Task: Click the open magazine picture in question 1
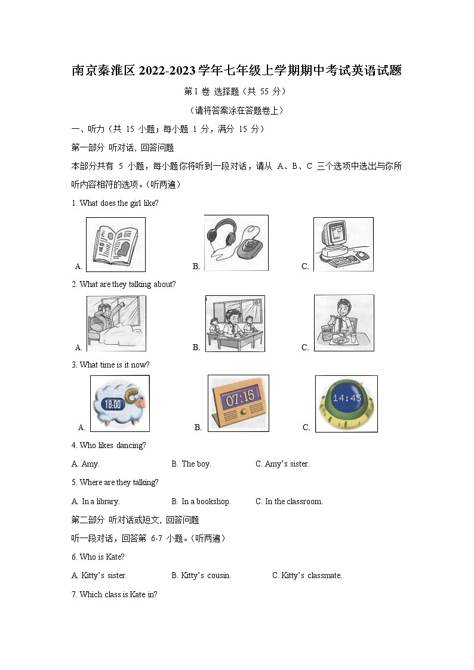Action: coord(116,245)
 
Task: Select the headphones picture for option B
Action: coord(236,243)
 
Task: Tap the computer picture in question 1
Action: coord(343,244)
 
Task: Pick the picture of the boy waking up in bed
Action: coord(116,323)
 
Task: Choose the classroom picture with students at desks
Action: coord(235,323)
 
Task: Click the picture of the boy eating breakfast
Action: coord(344,323)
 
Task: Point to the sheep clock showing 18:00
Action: coord(119,403)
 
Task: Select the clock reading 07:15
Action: coord(238,403)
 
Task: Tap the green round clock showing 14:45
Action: coord(346,403)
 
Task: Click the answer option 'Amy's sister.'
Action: coord(282,464)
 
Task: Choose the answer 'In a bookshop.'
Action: coord(201,501)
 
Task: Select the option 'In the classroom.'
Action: coord(289,501)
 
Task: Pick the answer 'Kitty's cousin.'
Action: coord(201,575)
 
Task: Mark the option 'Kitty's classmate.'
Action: coord(307,575)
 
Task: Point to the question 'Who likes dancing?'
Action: coord(109,445)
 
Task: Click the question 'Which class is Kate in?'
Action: coord(114,594)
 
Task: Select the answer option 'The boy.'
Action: coord(191,464)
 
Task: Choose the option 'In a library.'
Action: coord(96,501)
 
